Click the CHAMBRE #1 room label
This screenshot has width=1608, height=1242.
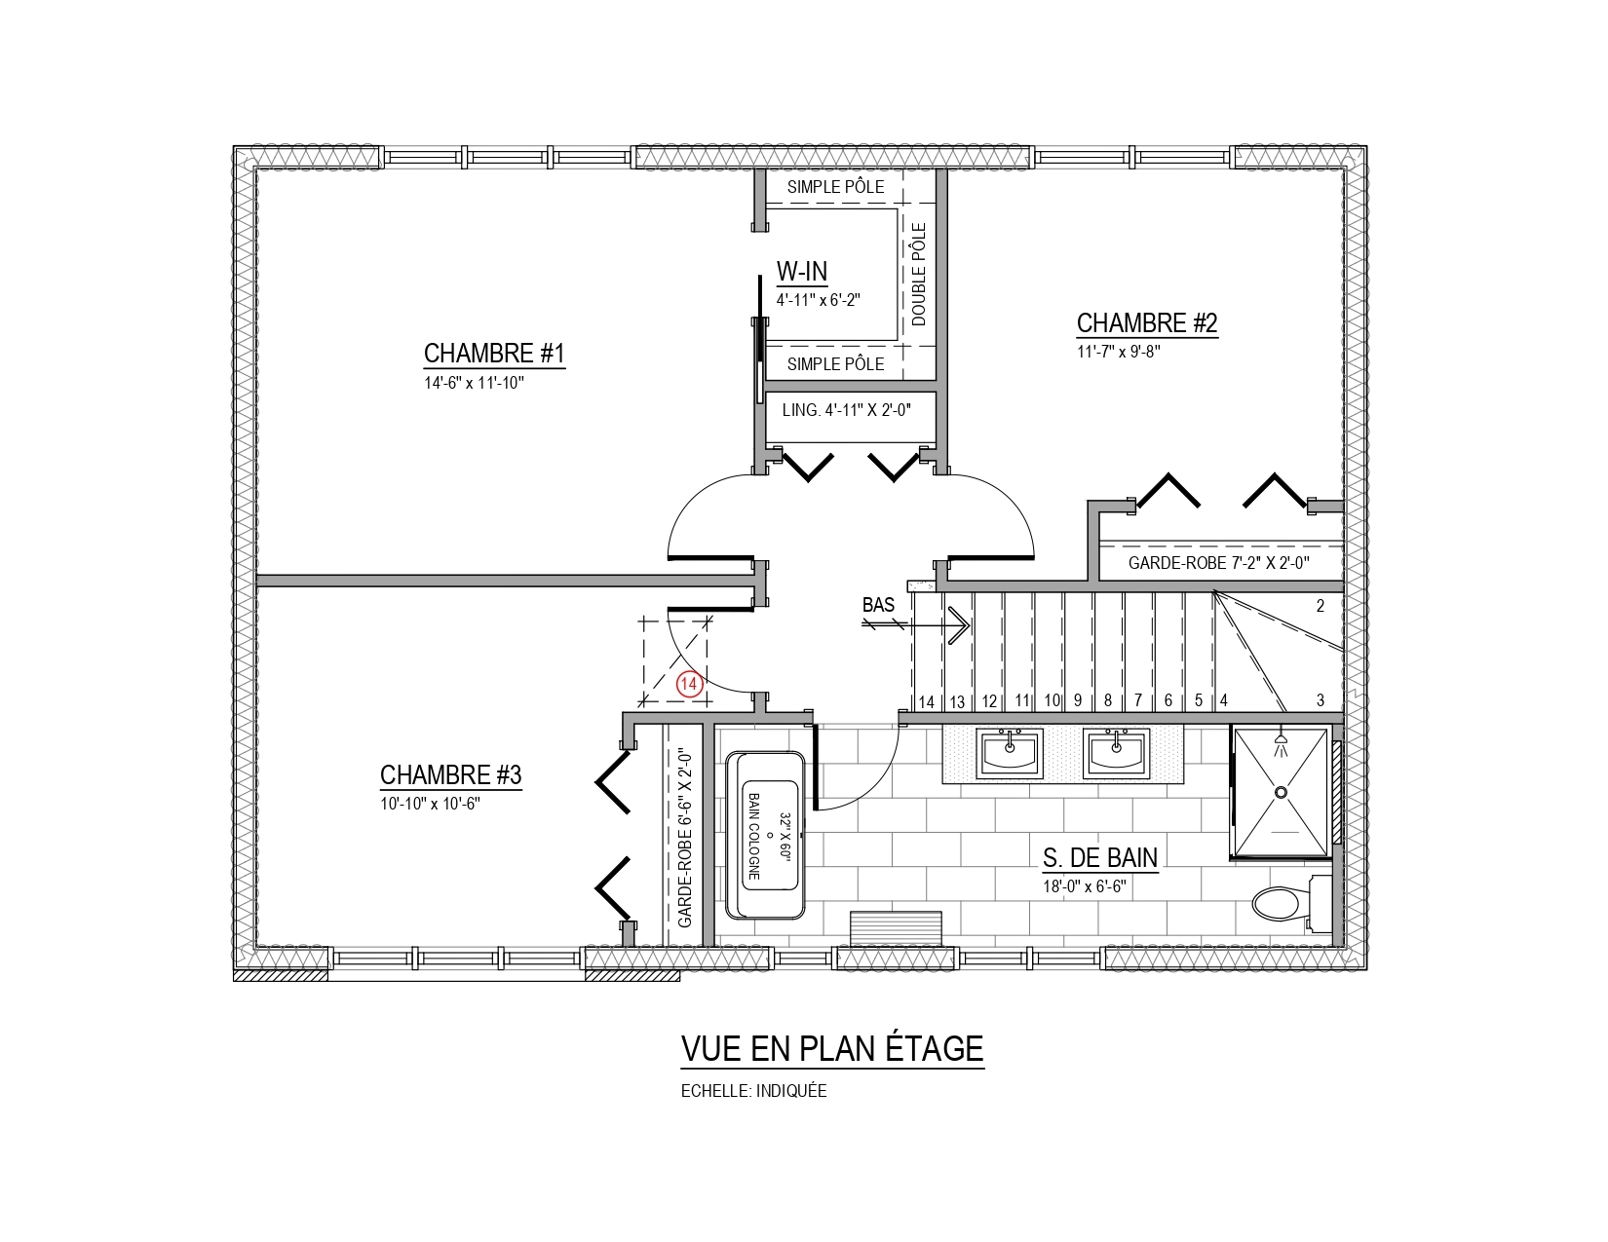click(x=493, y=353)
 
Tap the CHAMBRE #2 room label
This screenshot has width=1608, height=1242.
click(x=1146, y=322)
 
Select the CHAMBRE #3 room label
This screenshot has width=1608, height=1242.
click(x=450, y=774)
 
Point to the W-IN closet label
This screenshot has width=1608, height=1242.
click(x=801, y=272)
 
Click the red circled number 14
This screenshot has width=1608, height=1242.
click(x=689, y=684)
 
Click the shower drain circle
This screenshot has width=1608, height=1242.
click(x=1281, y=792)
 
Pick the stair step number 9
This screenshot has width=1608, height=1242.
click(x=1078, y=699)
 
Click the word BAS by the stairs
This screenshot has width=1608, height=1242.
click(x=878, y=604)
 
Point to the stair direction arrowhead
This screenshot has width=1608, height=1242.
click(x=959, y=625)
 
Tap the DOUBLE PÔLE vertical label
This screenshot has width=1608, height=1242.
click(x=918, y=275)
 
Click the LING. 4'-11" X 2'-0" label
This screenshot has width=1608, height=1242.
click(x=847, y=410)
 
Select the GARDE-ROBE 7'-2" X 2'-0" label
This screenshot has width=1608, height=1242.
click(x=1219, y=563)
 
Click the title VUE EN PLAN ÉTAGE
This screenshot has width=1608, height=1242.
click(x=832, y=1048)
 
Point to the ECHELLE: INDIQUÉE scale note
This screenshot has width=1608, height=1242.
click(x=754, y=1091)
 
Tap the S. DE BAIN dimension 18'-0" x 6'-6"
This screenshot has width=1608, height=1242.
click(x=1085, y=885)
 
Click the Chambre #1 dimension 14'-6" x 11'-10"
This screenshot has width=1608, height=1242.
click(x=474, y=383)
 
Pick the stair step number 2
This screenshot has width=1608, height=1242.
click(x=1321, y=606)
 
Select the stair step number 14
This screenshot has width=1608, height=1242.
click(x=927, y=701)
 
